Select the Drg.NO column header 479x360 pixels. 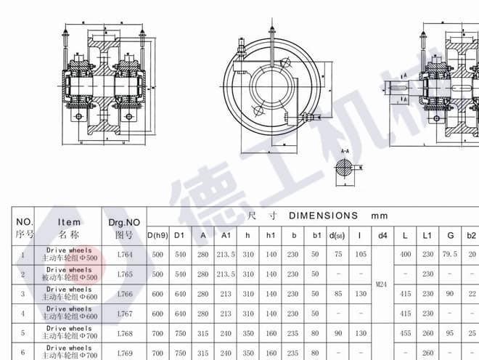tap(123, 227)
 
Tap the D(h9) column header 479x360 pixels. tap(157, 235)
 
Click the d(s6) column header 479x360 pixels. tap(337, 235)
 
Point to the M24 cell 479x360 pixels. tap(382, 284)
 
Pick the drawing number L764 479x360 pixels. tap(124, 255)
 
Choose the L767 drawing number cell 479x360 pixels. tap(124, 314)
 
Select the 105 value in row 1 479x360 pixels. tap(360, 255)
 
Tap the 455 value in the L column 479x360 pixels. tap(406, 333)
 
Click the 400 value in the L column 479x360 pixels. tap(406, 255)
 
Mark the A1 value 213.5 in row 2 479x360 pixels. tap(226, 274)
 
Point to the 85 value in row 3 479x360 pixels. tap(337, 294)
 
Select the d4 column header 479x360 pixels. tap(382, 235)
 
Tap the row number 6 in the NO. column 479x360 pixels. tap(23, 352)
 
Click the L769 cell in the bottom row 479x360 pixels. tap(124, 352)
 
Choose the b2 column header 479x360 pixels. tap(472, 235)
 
